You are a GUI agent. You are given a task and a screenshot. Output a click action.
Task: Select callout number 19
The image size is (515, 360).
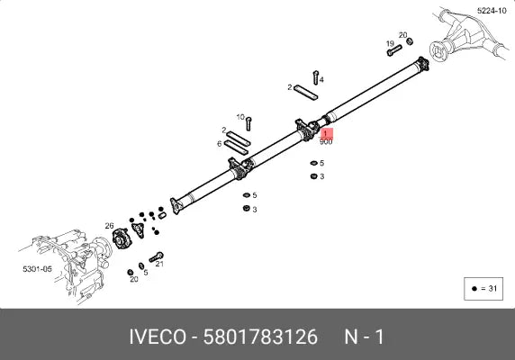pyautogui.click(x=390, y=43)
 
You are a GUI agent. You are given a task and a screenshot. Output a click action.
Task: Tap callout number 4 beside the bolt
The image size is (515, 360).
pyautogui.click(x=321, y=80)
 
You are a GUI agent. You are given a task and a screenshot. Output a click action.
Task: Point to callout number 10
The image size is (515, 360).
pyautogui.click(x=240, y=117)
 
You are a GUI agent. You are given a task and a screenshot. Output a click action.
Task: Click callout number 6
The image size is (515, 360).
pyautogui.click(x=219, y=143)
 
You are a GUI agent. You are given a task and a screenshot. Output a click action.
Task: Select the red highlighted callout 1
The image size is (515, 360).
pyautogui.click(x=325, y=134)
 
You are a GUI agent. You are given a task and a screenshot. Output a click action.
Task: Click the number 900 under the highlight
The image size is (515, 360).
pyautogui.click(x=325, y=142)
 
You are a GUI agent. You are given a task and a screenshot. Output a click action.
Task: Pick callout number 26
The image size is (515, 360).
pyautogui.click(x=109, y=226)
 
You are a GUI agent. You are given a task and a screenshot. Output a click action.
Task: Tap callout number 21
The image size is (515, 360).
pyautogui.click(x=159, y=265)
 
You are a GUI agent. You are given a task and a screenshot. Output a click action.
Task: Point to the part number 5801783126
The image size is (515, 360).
pyautogui.click(x=260, y=337)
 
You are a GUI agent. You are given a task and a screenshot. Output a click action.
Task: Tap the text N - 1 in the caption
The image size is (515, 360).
pyautogui.click(x=364, y=337)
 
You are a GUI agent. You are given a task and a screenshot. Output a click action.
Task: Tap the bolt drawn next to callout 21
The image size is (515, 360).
pyautogui.click(x=155, y=256)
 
